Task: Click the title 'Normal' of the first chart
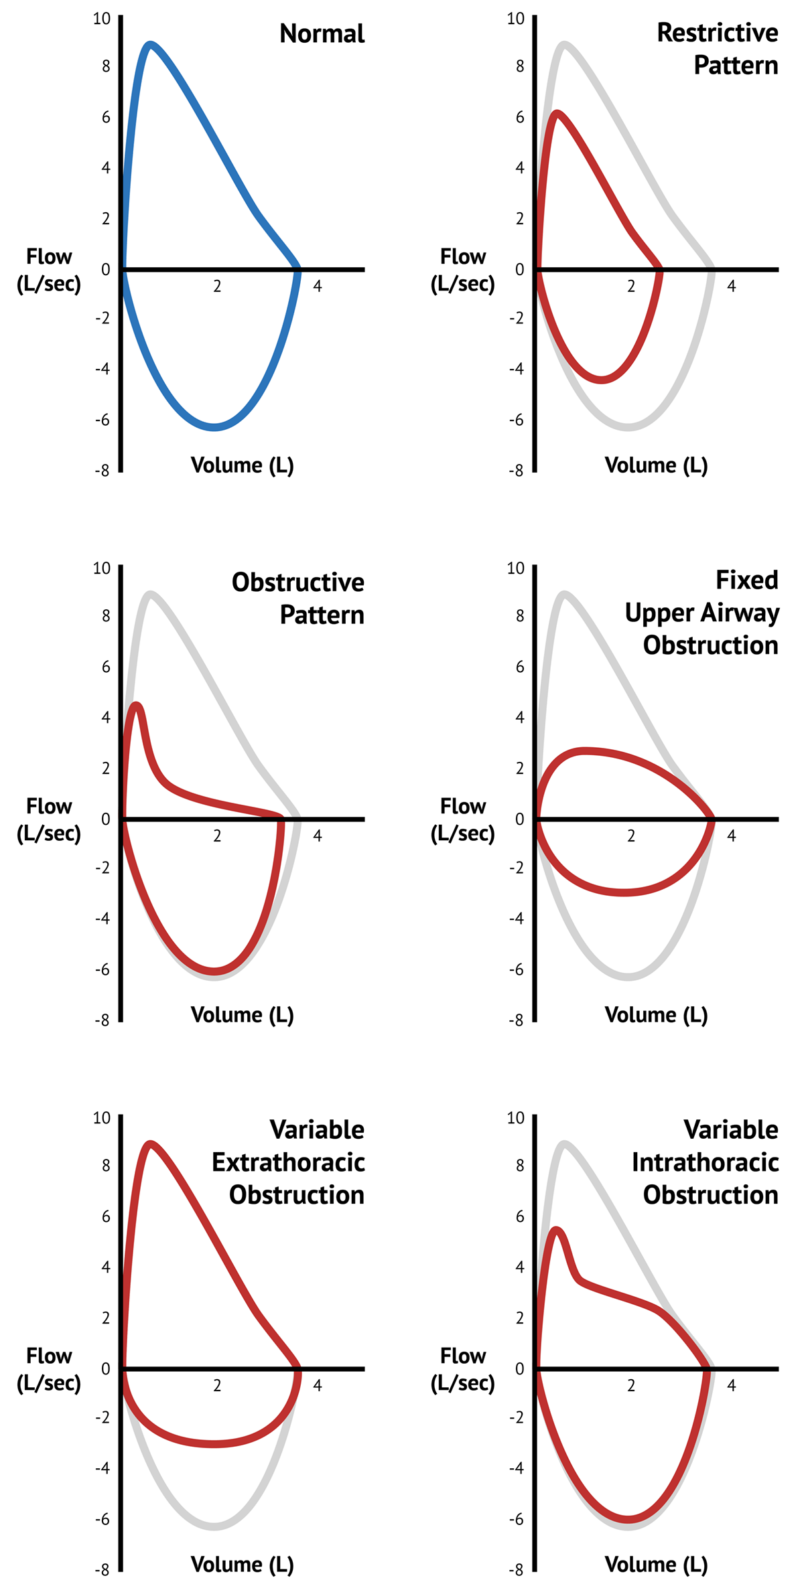322,33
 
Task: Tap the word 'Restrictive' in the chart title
717,33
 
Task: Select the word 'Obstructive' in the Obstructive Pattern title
297,582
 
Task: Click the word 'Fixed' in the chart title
746,580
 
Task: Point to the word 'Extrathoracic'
288,1162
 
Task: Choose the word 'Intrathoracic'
705,1162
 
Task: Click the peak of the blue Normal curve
151,45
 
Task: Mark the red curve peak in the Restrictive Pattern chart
557,112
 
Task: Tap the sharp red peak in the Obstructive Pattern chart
137,704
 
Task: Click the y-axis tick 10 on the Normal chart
102,18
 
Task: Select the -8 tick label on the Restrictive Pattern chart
515,471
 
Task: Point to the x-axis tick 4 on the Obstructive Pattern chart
318,836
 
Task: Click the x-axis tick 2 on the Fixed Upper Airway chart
630,836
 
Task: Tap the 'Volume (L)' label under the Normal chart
242,465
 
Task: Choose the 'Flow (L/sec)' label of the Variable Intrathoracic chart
462,1369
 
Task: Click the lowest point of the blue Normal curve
214,427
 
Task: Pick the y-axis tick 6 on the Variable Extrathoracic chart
106,1216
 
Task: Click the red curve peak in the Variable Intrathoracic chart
556,1229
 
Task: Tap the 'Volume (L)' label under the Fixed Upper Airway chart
656,1015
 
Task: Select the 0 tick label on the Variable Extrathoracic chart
106,1369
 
